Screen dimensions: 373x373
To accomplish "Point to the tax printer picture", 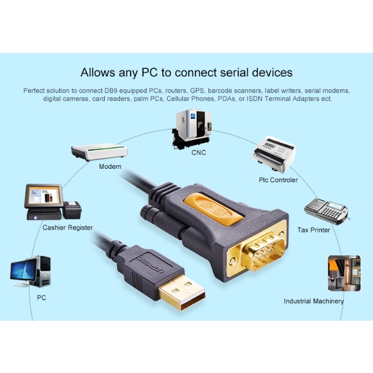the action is [326, 210].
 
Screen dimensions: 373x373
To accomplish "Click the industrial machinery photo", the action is [344, 272].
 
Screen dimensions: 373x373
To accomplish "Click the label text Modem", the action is [110, 166].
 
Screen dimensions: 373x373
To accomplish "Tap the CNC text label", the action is [198, 152].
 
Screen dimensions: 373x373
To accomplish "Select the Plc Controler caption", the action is [278, 180].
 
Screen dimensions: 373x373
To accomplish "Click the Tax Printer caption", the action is [314, 230].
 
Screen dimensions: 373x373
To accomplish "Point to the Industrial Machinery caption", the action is [314, 301].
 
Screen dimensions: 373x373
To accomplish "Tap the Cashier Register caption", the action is [68, 228].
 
